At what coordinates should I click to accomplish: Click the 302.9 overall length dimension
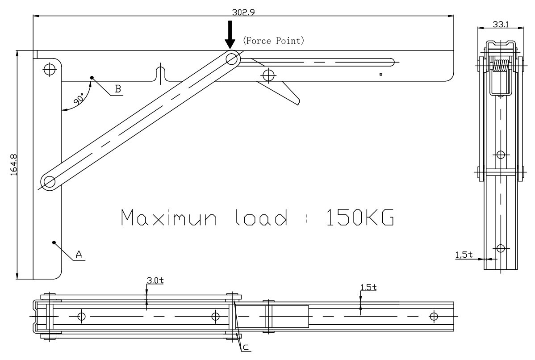243,12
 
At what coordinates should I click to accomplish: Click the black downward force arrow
230,35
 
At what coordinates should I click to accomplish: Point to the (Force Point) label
273,41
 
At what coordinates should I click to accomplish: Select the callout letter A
79,254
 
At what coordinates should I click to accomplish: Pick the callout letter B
117,88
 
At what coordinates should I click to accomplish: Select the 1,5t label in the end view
463,255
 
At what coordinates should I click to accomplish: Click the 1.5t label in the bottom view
368,287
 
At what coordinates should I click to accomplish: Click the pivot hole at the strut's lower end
49,182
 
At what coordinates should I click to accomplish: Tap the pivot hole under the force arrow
232,59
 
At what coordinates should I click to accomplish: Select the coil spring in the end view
501,67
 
